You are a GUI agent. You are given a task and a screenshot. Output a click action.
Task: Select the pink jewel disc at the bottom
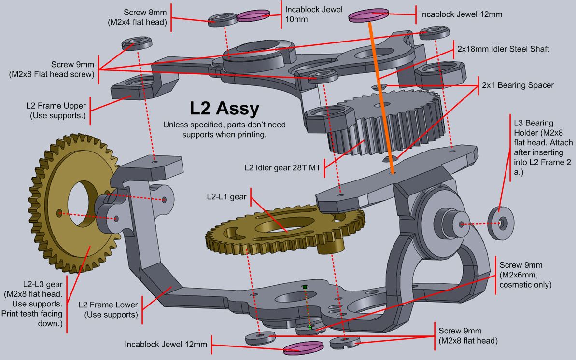pyautogui.click(x=302, y=347)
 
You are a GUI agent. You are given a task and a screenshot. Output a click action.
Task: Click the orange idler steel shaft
pyautogui.click(x=381, y=97)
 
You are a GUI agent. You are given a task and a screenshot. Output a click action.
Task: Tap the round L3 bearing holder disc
pyautogui.click(x=501, y=223)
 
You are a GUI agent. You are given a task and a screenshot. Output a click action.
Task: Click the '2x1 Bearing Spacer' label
pyautogui.click(x=518, y=85)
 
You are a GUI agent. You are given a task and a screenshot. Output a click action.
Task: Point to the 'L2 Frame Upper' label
pyautogui.click(x=57, y=111)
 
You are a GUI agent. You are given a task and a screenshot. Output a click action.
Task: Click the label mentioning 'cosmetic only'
pyautogui.click(x=525, y=275)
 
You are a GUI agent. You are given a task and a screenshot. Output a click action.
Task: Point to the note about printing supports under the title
pyautogui.click(x=224, y=130)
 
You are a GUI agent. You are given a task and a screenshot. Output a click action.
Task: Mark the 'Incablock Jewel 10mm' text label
pyautogui.click(x=314, y=14)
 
